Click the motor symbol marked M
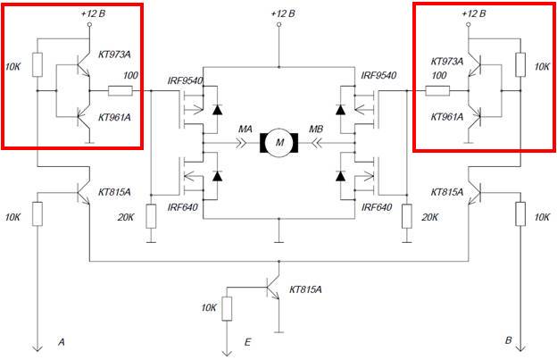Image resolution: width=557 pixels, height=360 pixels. point(278,141)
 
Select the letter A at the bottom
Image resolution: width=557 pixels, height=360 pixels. point(62,341)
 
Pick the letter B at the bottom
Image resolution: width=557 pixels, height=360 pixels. point(508,341)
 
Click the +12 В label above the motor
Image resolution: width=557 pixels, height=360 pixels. point(278,15)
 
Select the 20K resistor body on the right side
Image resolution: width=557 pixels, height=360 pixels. point(406,216)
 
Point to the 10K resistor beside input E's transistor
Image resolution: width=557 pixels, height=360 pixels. point(227,309)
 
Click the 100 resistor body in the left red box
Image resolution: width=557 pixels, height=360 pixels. point(120,90)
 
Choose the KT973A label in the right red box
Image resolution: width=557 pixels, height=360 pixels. point(447,62)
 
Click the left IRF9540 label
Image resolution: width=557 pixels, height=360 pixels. point(185,80)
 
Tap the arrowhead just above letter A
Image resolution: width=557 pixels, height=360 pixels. point(38,347)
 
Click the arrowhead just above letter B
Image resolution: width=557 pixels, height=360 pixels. point(520,347)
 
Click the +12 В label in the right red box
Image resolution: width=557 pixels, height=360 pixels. point(475,15)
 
